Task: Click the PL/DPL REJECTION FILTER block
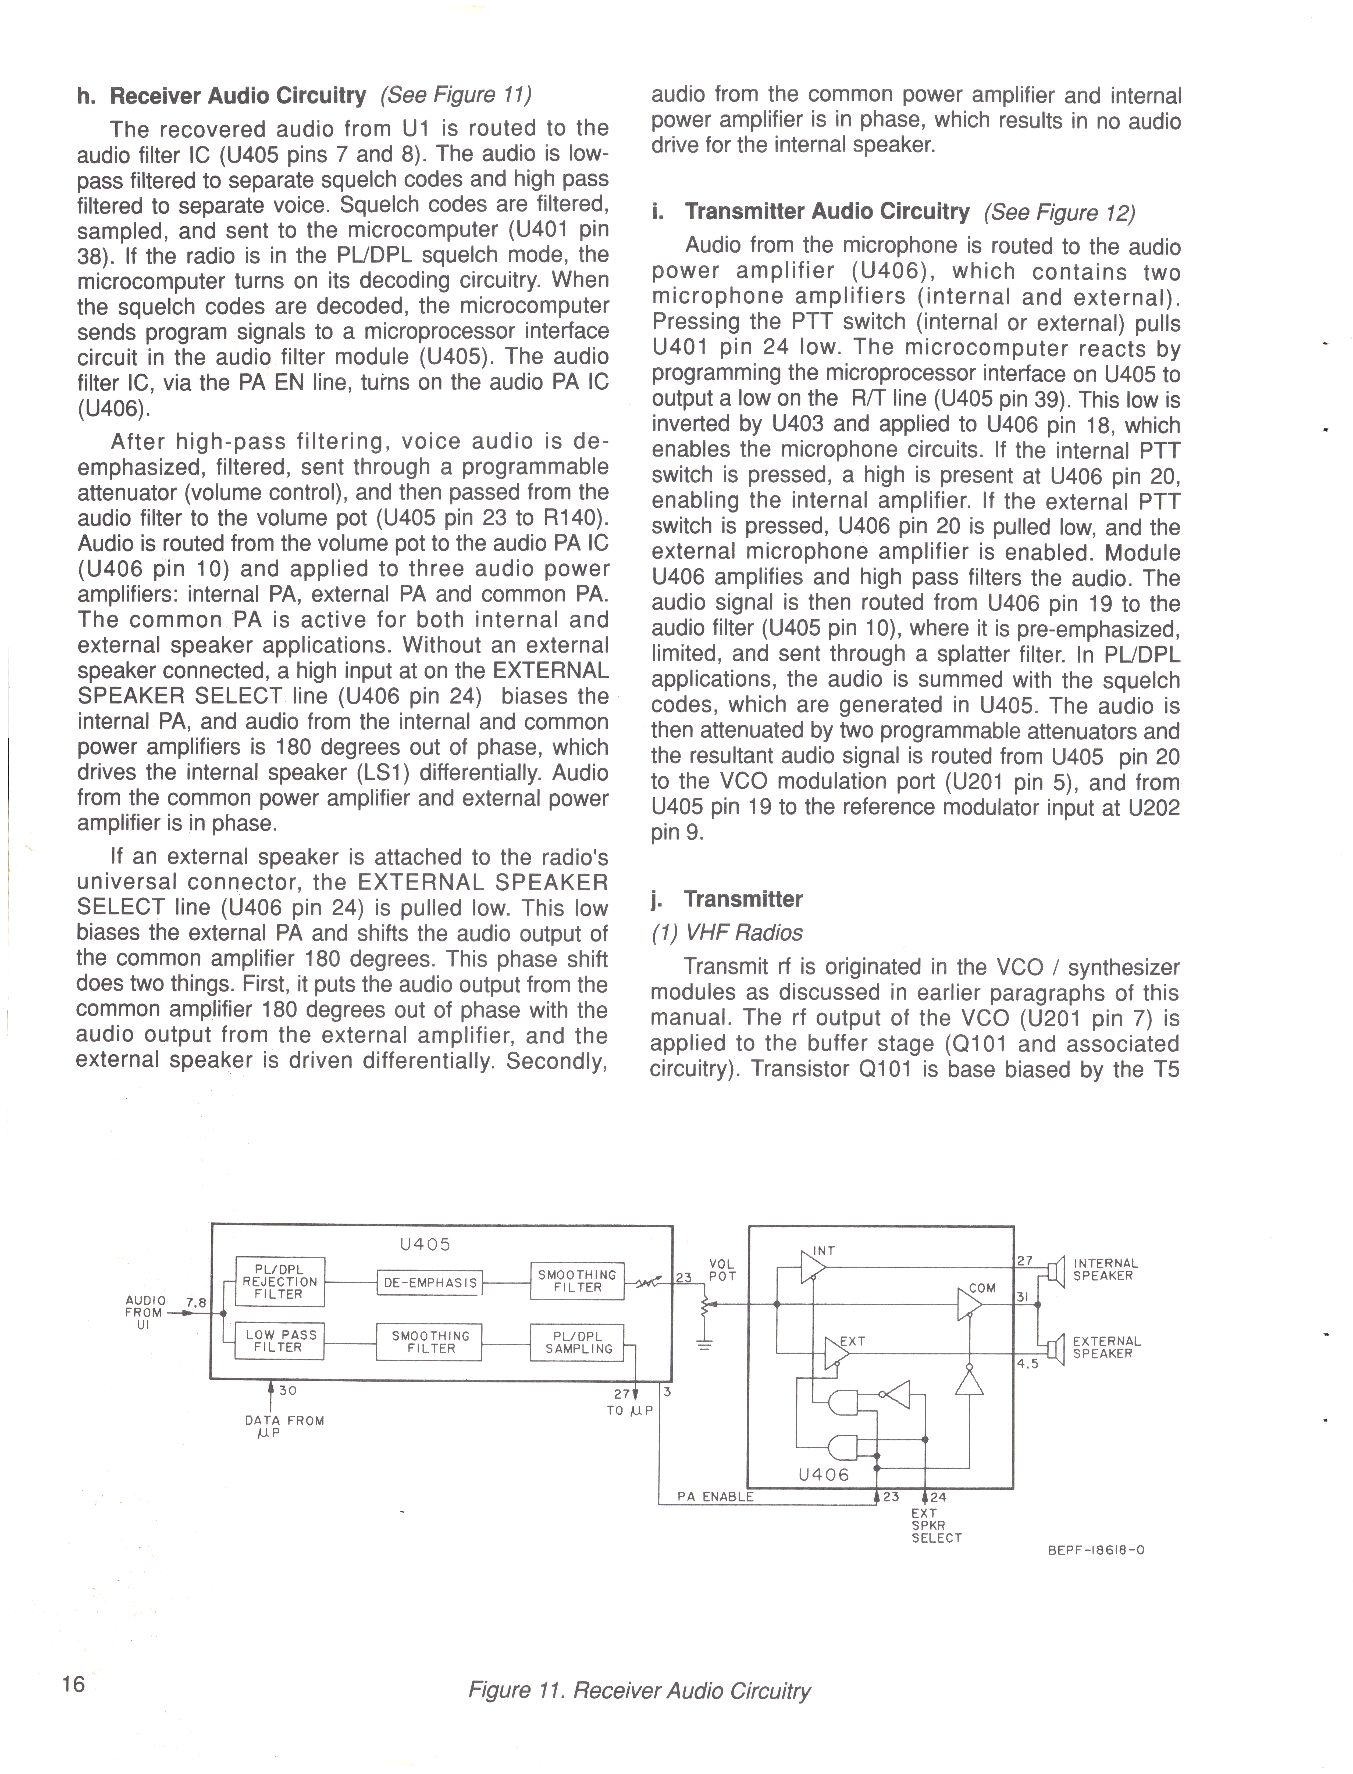click(x=279, y=1281)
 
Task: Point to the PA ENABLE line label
click(x=715, y=1497)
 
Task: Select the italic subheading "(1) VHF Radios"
click(x=727, y=933)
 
